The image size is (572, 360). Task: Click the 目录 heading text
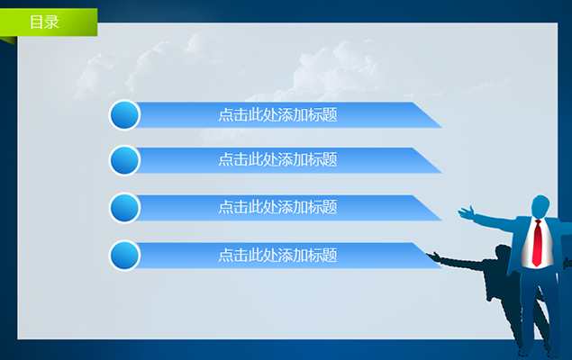(44, 22)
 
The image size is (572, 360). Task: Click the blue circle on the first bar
(124, 115)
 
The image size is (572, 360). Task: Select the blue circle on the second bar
(124, 160)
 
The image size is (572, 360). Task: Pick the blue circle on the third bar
(124, 208)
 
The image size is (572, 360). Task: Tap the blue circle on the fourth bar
(124, 256)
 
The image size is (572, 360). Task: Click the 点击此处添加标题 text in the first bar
(277, 114)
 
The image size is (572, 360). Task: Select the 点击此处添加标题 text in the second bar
(277, 159)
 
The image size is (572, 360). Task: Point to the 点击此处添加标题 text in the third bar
(277, 207)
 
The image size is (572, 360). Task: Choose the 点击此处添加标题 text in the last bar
(277, 256)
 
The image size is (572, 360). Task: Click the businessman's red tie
(537, 243)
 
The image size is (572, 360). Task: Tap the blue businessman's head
(540, 207)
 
